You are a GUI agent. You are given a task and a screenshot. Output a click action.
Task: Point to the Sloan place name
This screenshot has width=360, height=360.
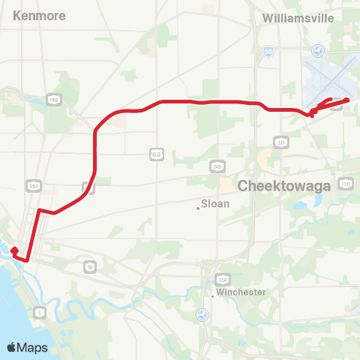[x=216, y=203]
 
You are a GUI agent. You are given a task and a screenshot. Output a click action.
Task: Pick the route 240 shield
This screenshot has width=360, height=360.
[x=217, y=167]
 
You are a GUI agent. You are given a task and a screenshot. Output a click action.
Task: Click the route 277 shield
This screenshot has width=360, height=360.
[x=281, y=142]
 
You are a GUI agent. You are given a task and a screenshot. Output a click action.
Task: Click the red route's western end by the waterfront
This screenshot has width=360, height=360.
[x=14, y=248]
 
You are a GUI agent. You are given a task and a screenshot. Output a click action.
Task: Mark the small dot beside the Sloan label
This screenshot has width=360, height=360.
[x=198, y=208]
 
